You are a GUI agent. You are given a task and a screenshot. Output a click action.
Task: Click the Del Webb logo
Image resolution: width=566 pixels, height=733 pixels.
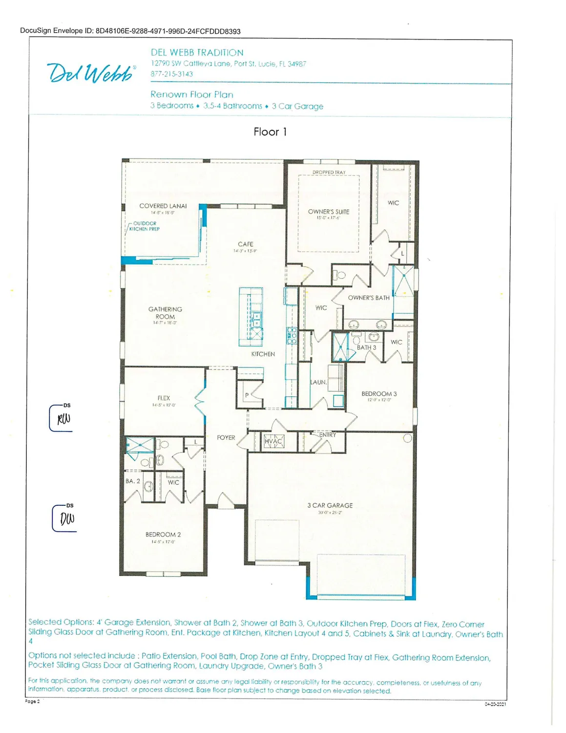pyautogui.click(x=91, y=73)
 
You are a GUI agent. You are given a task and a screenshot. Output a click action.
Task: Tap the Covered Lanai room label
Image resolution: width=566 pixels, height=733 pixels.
pyautogui.click(x=163, y=206)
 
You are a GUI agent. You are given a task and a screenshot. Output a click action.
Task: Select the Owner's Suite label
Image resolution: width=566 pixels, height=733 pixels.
pyautogui.click(x=328, y=212)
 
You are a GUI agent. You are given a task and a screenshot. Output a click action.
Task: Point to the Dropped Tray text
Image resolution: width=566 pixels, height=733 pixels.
pyautogui.click(x=329, y=172)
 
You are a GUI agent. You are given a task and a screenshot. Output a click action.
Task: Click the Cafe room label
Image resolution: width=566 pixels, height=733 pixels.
pyautogui.click(x=245, y=244)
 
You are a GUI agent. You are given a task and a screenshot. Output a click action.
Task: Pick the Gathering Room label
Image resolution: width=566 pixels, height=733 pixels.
pyautogui.click(x=165, y=313)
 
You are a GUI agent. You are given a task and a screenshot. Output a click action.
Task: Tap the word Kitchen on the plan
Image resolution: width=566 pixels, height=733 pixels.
pyautogui.click(x=263, y=354)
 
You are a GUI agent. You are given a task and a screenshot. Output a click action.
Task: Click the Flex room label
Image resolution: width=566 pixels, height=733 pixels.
pyautogui.click(x=164, y=398)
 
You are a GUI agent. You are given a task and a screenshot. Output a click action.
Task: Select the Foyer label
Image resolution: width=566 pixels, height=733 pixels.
pyautogui.click(x=226, y=438)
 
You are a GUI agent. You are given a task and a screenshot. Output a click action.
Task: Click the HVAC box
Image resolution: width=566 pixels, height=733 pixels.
pyautogui.click(x=273, y=441)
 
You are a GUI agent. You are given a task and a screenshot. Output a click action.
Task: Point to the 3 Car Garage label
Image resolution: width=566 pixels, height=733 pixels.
pyautogui.click(x=330, y=505)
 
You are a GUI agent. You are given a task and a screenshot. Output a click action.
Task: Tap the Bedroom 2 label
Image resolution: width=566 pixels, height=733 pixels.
pyautogui.click(x=163, y=535)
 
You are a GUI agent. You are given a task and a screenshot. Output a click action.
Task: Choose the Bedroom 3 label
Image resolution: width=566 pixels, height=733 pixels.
pyautogui.click(x=379, y=394)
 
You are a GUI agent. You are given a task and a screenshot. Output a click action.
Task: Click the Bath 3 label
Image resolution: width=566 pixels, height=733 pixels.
pyautogui.click(x=366, y=347)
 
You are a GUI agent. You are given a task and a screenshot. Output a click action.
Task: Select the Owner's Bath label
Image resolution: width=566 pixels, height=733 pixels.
pyautogui.click(x=369, y=298)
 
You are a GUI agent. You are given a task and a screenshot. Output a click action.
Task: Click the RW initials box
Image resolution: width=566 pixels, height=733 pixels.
pyautogui.click(x=62, y=419)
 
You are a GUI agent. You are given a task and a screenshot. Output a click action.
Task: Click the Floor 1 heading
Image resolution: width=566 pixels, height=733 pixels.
pyautogui.click(x=270, y=132)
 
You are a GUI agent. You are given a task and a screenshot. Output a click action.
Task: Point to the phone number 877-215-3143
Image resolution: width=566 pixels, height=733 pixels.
pyautogui.click(x=171, y=74)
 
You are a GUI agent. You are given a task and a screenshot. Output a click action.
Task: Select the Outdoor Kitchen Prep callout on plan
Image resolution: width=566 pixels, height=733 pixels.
pyautogui.click(x=145, y=226)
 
